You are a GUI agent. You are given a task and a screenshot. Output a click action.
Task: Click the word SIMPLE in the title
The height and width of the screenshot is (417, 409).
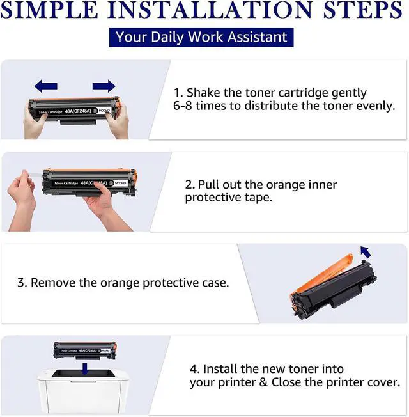pos(49,10)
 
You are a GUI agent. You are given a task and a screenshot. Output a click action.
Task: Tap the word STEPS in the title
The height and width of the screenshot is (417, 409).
pos(363,10)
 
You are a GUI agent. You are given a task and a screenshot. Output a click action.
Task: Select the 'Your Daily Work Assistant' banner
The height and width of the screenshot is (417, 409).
pos(201,37)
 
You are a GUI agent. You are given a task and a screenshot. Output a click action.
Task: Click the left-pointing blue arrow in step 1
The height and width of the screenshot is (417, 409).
pos(46,86)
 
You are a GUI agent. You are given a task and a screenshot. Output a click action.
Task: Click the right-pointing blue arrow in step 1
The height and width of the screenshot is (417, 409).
pos(104,86)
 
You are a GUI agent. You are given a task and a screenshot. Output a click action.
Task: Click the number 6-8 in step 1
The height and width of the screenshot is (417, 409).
pos(183,106)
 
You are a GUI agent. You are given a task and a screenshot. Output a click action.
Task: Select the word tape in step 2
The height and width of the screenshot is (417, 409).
pos(259,198)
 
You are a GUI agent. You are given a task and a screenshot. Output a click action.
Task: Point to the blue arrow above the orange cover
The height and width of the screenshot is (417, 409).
pos(366,252)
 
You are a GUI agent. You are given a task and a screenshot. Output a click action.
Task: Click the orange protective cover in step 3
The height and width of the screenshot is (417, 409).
pos(321,275)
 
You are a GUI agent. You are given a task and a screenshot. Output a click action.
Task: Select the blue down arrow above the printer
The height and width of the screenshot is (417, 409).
pos(85,369)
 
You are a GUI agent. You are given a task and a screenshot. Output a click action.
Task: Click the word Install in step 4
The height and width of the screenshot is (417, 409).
pos(220,369)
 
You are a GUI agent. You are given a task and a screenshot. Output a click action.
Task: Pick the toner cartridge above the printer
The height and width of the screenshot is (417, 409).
pos(85,350)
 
